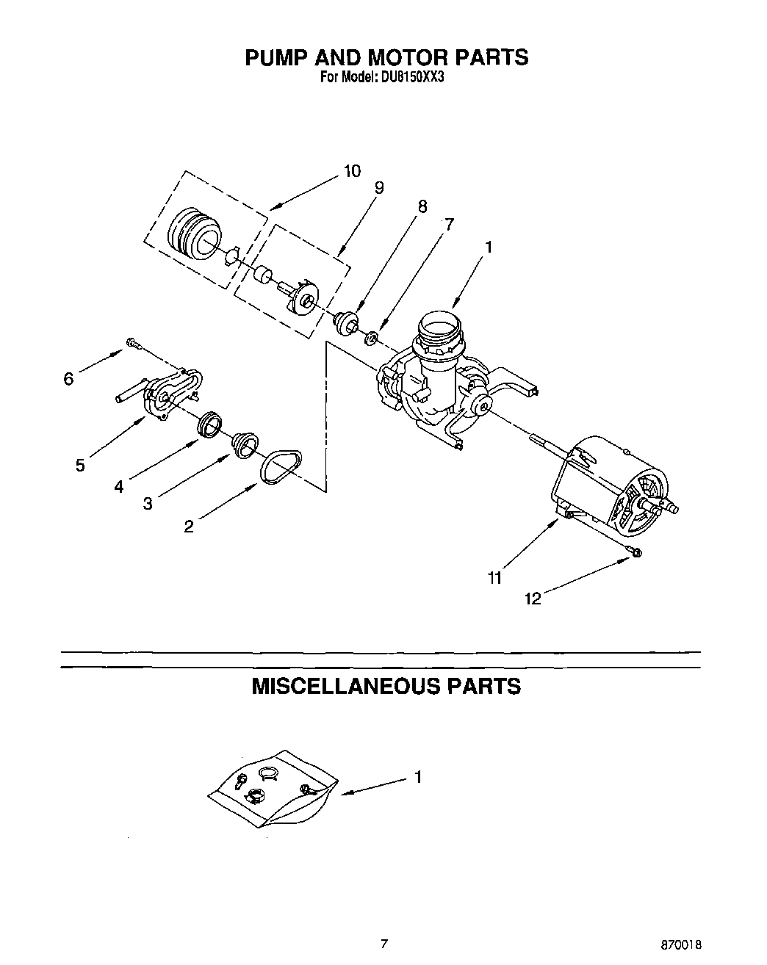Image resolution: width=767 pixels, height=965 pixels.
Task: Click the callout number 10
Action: (352, 171)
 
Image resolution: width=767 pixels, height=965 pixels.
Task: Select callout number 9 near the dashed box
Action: (378, 188)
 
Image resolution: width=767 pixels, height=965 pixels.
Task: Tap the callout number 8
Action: (422, 206)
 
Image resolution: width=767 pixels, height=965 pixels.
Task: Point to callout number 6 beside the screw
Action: (68, 378)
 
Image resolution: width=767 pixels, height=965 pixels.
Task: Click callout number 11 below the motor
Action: (494, 578)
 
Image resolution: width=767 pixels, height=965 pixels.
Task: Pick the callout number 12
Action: (533, 599)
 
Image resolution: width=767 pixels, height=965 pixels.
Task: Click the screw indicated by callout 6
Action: (133, 341)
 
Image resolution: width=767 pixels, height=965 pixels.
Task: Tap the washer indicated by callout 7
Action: (372, 338)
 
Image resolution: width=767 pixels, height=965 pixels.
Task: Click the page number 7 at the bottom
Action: (383, 943)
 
